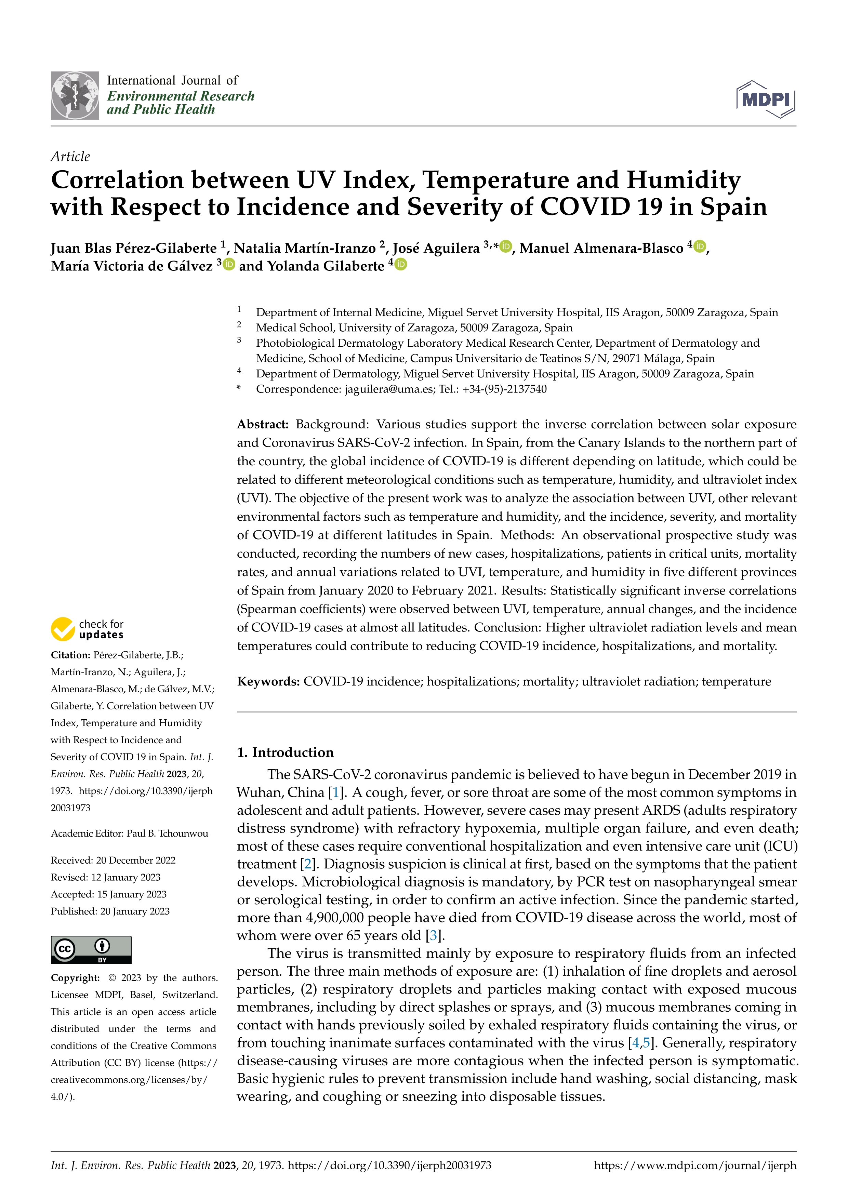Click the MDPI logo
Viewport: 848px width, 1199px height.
[766, 99]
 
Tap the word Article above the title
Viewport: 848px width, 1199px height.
[70, 156]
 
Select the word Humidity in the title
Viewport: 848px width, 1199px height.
[684, 180]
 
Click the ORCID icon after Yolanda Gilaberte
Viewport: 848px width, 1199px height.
[401, 264]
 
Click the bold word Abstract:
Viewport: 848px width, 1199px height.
[263, 424]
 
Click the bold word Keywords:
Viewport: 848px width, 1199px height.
[268, 681]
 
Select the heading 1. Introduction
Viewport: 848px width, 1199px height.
[285, 752]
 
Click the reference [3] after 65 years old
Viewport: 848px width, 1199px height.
[433, 935]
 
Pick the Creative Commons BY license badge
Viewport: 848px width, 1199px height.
[91, 949]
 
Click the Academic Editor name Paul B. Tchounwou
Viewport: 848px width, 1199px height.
[167, 834]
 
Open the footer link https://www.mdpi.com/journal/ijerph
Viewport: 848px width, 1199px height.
[695, 1165]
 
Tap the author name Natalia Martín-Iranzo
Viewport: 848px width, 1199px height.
[305, 248]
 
